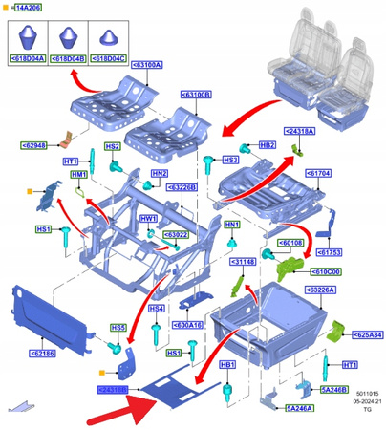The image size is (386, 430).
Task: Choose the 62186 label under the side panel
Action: [41, 354]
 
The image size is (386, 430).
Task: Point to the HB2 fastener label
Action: [268, 144]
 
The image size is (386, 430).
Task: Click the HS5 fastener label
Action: [118, 328]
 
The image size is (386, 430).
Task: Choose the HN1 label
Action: [230, 225]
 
